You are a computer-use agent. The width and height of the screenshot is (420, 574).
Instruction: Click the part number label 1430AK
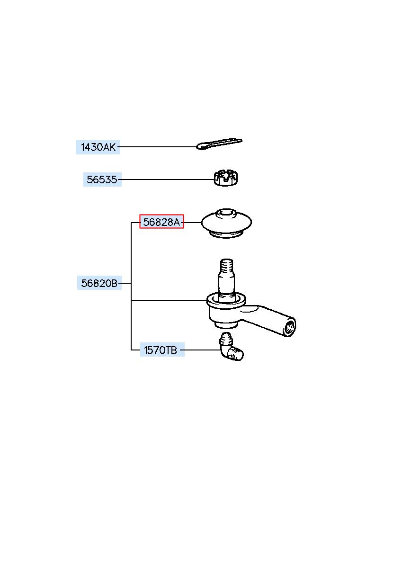coord(98,147)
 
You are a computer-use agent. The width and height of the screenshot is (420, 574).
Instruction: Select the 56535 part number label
coord(102,180)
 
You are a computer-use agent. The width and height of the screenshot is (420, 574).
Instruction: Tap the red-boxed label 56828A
coord(161,222)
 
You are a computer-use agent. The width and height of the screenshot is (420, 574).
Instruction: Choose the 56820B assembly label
coord(99,283)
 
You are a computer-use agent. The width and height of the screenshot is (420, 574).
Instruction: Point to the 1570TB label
coord(162,350)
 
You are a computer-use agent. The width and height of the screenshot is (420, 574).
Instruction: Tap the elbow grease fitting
coord(231,350)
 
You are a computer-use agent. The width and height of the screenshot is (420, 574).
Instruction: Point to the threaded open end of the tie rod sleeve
coord(290,327)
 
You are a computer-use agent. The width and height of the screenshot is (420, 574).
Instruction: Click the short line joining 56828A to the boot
coord(192,222)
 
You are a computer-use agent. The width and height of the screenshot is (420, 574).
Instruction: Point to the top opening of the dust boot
coord(226,213)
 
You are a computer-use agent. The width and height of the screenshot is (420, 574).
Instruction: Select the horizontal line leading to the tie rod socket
coord(169,300)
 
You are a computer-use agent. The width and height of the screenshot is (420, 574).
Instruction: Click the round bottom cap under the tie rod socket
coord(225,324)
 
